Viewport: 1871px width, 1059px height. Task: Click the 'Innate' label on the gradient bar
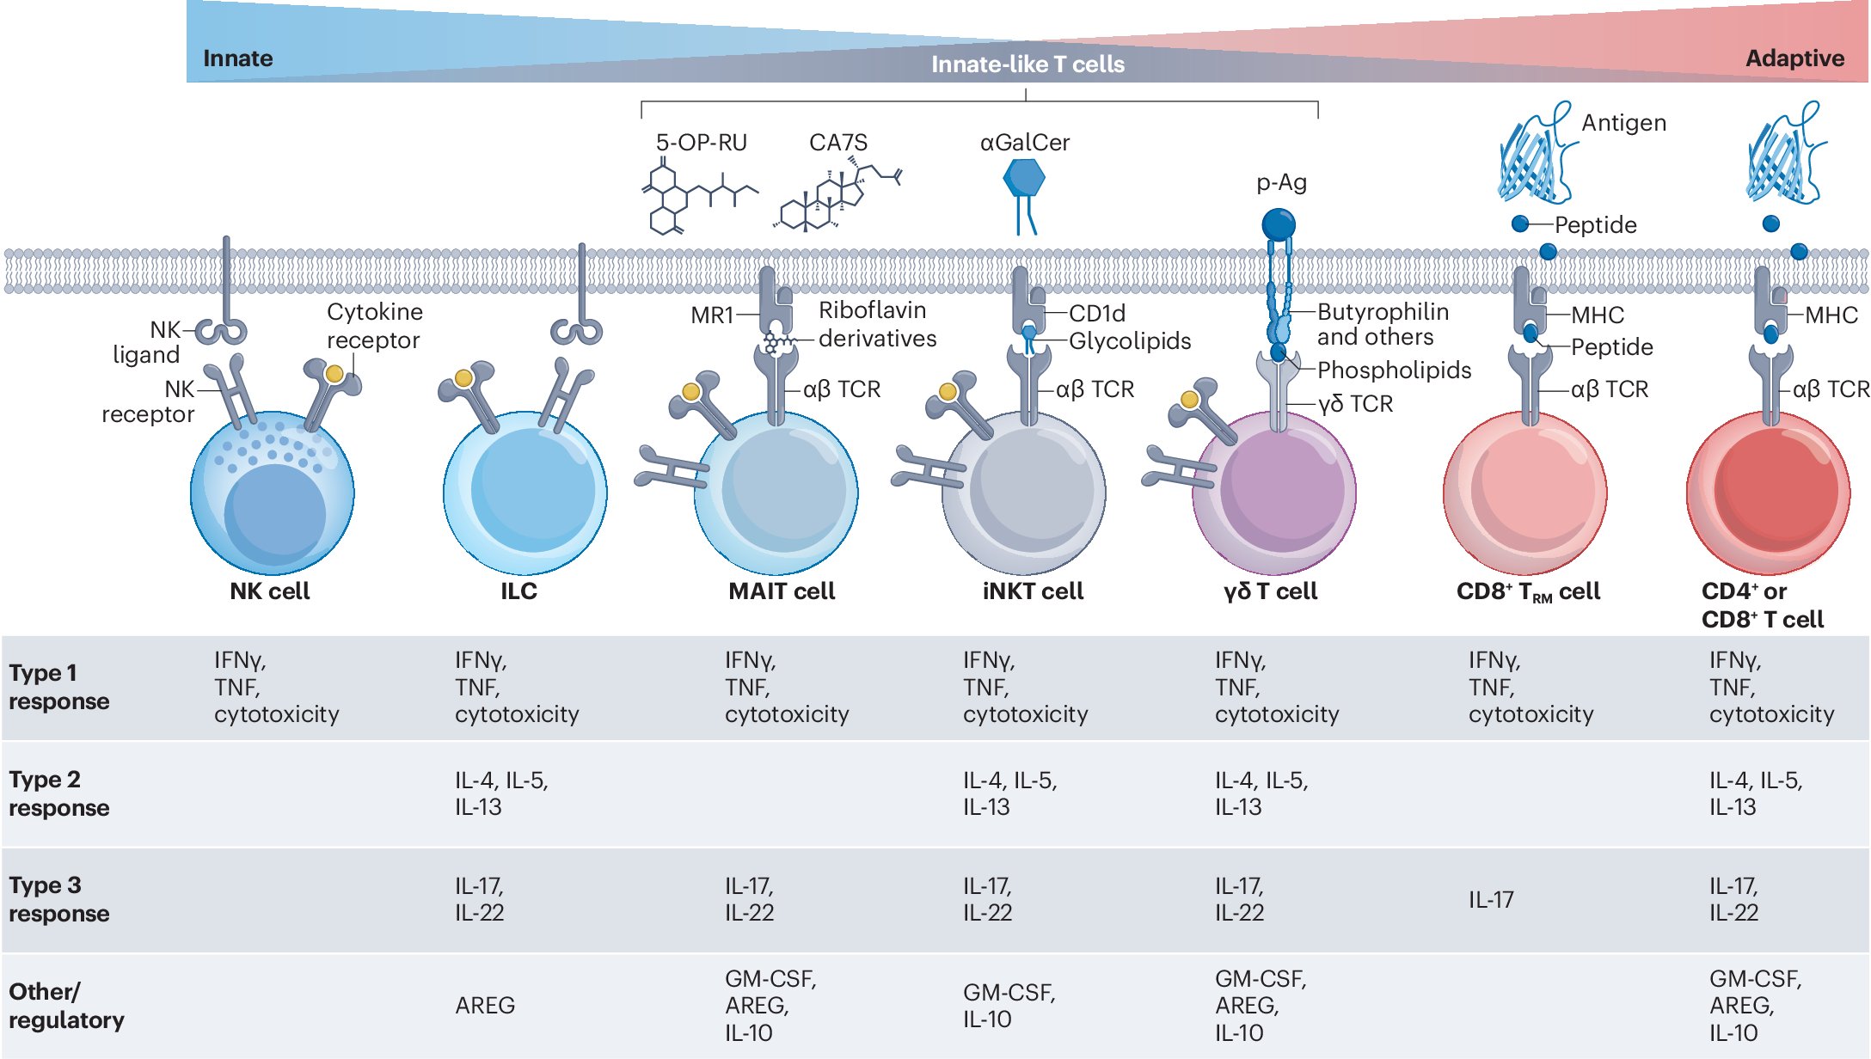coord(237,58)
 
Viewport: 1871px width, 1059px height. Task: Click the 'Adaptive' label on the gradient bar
coord(1794,58)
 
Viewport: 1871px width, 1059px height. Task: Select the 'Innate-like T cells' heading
coord(1028,64)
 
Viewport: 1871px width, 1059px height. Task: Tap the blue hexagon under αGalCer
coord(1023,178)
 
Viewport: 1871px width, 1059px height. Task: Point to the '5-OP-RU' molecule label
coord(701,143)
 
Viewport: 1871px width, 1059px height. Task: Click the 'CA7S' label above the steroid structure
coord(837,143)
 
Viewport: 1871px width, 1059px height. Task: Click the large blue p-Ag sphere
coord(1278,225)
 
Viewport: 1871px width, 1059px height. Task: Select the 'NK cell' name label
coord(269,591)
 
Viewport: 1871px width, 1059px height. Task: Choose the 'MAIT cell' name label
coord(782,591)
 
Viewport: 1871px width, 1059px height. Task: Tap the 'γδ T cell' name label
coord(1270,591)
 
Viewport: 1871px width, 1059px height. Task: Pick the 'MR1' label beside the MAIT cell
coord(711,315)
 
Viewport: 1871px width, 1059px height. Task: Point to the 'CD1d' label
coord(1096,314)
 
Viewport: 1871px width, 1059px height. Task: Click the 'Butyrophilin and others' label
coord(1382,324)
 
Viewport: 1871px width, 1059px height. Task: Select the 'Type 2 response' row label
coord(58,793)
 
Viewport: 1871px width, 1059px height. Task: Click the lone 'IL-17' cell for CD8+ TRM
coord(1490,900)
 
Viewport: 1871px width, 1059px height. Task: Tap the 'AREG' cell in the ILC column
coord(484,1006)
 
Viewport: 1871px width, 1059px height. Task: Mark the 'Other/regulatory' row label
coord(65,1006)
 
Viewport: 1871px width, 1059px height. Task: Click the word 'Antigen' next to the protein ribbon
coord(1623,123)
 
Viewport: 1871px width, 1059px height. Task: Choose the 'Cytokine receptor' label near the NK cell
coord(374,326)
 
